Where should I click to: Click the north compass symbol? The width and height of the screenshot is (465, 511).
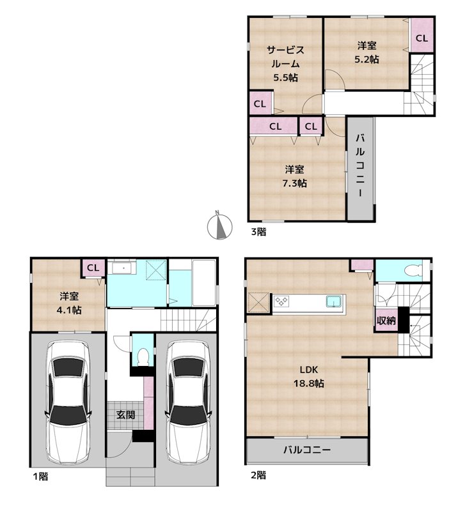(219, 225)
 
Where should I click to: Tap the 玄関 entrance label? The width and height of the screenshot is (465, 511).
(125, 415)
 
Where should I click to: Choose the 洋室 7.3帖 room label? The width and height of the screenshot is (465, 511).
(295, 176)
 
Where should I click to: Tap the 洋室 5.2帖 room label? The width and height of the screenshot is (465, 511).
(367, 52)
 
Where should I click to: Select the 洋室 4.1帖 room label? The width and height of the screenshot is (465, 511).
(69, 303)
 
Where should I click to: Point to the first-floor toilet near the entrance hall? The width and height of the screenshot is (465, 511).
(143, 355)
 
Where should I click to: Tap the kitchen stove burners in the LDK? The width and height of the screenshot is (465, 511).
(282, 301)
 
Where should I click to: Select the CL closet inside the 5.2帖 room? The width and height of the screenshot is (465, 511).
(422, 38)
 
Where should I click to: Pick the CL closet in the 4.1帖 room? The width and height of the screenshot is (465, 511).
(93, 268)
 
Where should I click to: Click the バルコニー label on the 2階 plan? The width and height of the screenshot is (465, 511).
(307, 450)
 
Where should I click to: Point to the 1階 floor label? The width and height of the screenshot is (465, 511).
(40, 475)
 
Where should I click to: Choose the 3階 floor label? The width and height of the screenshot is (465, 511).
(258, 233)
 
